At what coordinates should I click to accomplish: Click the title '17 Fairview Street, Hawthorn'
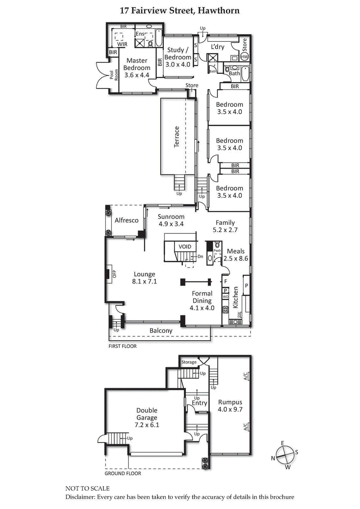click(180, 10)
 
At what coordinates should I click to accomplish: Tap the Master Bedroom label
click(138, 68)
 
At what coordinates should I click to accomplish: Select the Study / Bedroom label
click(177, 58)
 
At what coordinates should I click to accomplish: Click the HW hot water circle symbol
click(244, 57)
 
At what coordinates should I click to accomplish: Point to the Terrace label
click(177, 137)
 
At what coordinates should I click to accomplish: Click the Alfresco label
click(126, 220)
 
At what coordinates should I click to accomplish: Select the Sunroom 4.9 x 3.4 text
click(171, 220)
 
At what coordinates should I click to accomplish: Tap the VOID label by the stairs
click(185, 247)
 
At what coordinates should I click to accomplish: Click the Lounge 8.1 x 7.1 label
click(144, 277)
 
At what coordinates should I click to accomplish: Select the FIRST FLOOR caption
click(122, 346)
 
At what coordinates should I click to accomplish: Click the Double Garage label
click(148, 417)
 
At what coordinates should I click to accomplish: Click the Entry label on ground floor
click(199, 403)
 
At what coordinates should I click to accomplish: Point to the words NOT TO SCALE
click(87, 488)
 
